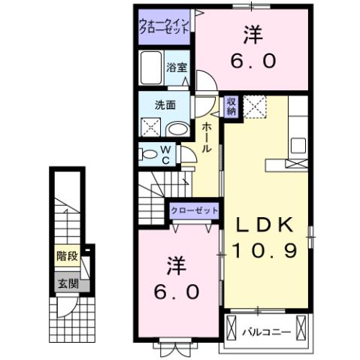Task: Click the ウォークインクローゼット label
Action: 163,26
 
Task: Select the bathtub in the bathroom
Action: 152,69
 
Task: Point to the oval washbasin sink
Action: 177,129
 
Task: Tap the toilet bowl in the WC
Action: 148,156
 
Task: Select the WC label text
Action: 168,155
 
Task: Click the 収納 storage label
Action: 231,105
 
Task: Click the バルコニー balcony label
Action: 265,330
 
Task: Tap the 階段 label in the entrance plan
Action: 66,256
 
